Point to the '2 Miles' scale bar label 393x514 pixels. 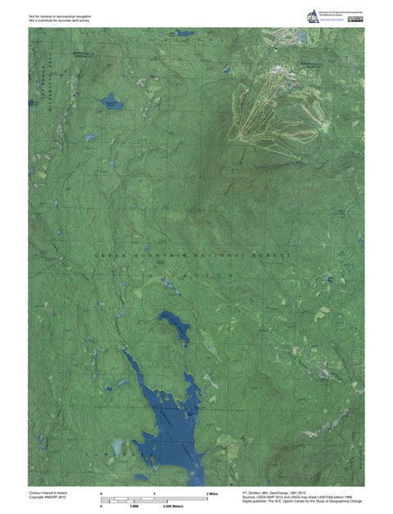coord(211,494)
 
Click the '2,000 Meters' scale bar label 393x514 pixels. coord(174,507)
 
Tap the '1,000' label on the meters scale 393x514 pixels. coord(133,507)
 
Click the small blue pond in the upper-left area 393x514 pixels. coord(111,104)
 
